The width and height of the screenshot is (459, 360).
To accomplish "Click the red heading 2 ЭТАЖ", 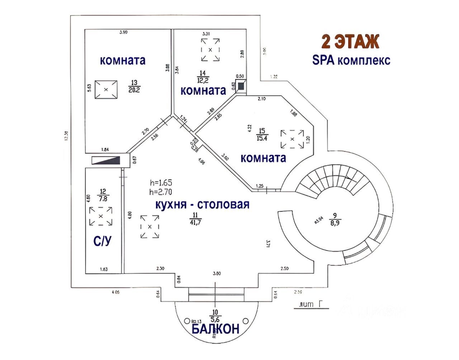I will click(350, 42).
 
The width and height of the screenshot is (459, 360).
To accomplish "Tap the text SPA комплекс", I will click(351, 60).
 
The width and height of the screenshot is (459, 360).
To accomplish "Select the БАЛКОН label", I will click(215, 329).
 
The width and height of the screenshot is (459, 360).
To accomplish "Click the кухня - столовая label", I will click(202, 205).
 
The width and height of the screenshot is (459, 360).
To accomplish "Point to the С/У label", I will click(102, 241).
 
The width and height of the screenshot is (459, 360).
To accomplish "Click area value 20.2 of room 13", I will click(134, 90).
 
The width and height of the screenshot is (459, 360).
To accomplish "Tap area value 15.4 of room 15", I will click(262, 138).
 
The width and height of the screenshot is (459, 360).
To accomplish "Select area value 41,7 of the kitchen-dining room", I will click(196, 221).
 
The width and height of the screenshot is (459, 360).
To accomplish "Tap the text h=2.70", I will click(161, 192).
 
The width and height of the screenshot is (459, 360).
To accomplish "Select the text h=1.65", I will click(161, 183).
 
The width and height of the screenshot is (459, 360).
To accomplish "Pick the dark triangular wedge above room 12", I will click(106, 160).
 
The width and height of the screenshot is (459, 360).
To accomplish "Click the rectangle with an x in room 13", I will click(106, 90).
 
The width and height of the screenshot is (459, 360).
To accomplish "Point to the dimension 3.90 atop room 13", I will click(123, 32).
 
